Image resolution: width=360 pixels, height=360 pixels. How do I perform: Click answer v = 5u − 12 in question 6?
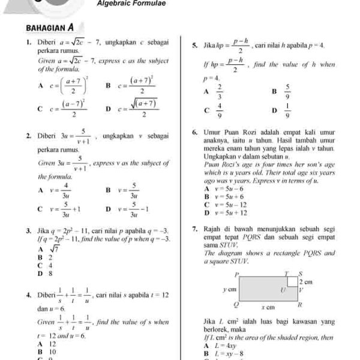[x=231, y=205]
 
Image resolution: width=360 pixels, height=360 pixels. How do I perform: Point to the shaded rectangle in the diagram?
[x=261, y=289]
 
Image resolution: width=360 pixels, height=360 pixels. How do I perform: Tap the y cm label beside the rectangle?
[x=228, y=289]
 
